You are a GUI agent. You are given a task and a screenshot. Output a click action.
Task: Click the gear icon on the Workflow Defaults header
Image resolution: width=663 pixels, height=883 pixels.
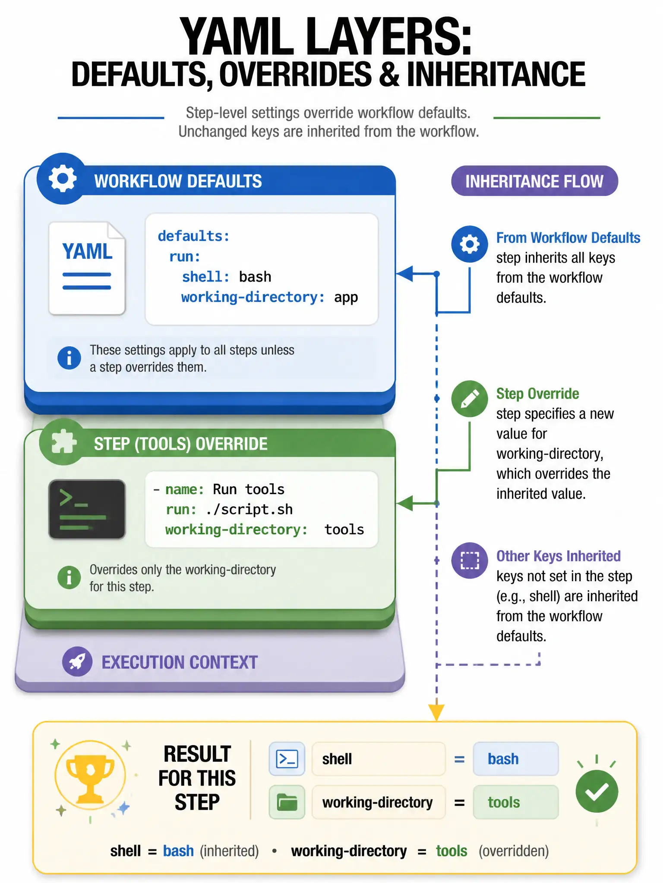point(63,178)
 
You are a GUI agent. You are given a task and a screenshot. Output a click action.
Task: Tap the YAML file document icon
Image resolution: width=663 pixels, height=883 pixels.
point(87,268)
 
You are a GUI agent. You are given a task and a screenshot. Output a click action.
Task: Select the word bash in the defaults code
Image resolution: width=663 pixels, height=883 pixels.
point(255,276)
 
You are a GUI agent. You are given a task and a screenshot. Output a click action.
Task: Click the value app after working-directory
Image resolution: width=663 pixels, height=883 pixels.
point(346,297)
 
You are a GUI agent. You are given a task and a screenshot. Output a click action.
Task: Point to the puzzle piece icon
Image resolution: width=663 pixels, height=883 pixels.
point(63,441)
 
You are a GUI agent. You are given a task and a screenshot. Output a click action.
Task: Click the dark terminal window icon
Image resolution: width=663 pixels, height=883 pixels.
point(87,509)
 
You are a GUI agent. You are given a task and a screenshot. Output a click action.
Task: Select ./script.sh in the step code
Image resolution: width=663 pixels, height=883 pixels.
point(249,509)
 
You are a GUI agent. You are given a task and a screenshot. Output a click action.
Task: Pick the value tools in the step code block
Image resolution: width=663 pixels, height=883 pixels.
point(344,529)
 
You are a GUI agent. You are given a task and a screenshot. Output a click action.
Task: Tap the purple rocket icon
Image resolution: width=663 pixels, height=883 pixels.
point(77,661)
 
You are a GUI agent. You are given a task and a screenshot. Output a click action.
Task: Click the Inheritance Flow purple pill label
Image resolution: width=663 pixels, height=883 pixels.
point(534,181)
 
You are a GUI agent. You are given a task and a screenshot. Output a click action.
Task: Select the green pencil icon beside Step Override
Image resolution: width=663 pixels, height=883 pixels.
point(470,398)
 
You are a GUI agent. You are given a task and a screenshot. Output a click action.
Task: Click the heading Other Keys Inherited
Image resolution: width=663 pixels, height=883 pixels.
point(558,556)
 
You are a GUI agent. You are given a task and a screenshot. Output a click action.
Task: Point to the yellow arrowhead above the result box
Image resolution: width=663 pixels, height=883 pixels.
point(436,712)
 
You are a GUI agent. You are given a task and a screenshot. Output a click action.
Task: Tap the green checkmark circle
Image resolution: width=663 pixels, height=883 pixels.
point(597,791)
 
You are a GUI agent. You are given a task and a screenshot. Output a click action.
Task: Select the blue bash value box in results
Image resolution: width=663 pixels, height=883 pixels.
point(516,759)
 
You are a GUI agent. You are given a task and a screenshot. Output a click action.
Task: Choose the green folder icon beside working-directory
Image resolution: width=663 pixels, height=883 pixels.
point(287,802)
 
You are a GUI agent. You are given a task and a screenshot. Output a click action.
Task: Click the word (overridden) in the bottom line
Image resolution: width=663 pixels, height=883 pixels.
point(514,851)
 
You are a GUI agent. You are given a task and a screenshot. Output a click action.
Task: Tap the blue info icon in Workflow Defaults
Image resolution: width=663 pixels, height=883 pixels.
point(69,358)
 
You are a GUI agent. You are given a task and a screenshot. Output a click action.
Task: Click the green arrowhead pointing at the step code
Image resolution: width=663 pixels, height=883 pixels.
point(404,503)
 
